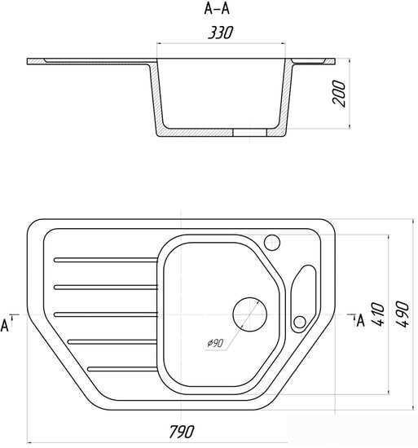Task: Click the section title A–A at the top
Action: [217, 9]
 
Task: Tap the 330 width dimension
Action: [220, 33]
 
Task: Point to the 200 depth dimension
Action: [339, 94]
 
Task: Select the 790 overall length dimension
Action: [182, 432]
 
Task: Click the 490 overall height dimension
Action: [403, 314]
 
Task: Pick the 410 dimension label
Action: [378, 314]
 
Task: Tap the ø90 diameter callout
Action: [215, 343]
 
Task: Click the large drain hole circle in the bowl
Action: [249, 314]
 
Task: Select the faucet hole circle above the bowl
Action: [271, 243]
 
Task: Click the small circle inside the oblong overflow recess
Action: [300, 323]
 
